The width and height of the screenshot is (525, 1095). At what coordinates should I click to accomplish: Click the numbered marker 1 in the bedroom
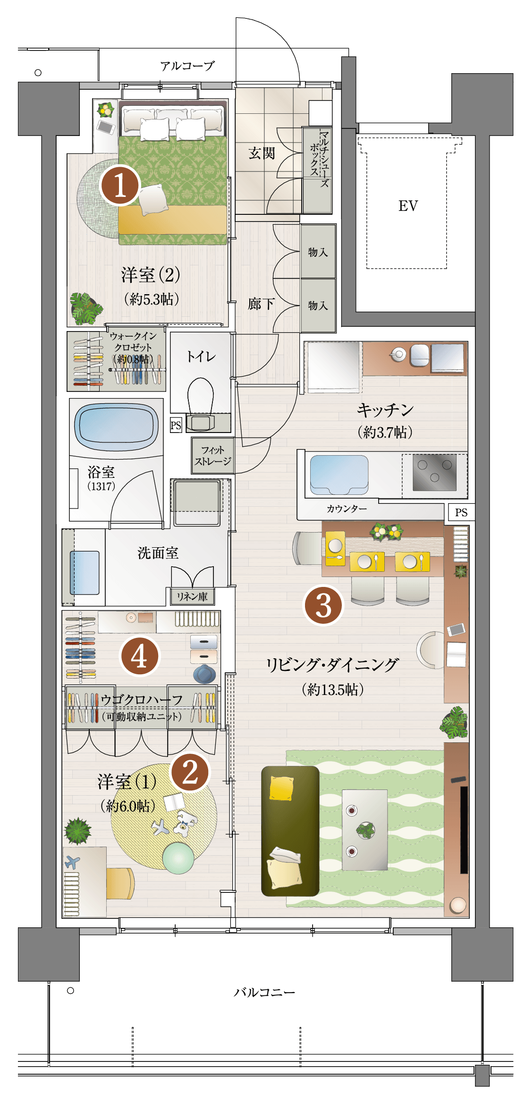click(x=120, y=185)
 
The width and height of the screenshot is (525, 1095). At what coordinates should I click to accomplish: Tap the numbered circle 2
click(x=190, y=773)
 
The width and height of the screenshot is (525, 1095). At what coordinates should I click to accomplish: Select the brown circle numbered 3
click(x=323, y=605)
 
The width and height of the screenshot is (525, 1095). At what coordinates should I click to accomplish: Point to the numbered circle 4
click(x=140, y=656)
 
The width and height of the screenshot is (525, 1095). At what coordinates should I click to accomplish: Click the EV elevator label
click(x=408, y=206)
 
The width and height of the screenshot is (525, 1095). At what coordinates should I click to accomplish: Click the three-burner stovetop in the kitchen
click(x=434, y=472)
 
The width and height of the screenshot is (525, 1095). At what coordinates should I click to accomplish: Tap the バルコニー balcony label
click(x=264, y=992)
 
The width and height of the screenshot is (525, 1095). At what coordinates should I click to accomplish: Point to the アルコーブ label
click(x=187, y=66)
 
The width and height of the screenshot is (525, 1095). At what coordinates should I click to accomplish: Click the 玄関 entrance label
click(x=262, y=153)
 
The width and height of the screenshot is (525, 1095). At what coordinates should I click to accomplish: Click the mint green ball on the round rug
click(x=178, y=858)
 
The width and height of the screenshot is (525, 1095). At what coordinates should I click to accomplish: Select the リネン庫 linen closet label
click(x=192, y=597)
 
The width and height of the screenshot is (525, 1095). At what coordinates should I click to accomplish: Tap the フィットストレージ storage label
click(x=213, y=456)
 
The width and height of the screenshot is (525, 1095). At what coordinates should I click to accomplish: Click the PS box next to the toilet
click(x=176, y=425)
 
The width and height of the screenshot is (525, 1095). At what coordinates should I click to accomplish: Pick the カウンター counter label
click(x=347, y=509)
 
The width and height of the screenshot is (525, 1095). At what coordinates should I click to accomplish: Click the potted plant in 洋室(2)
click(x=85, y=308)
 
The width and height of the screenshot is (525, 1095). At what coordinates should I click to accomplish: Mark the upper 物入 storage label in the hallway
click(x=318, y=252)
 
